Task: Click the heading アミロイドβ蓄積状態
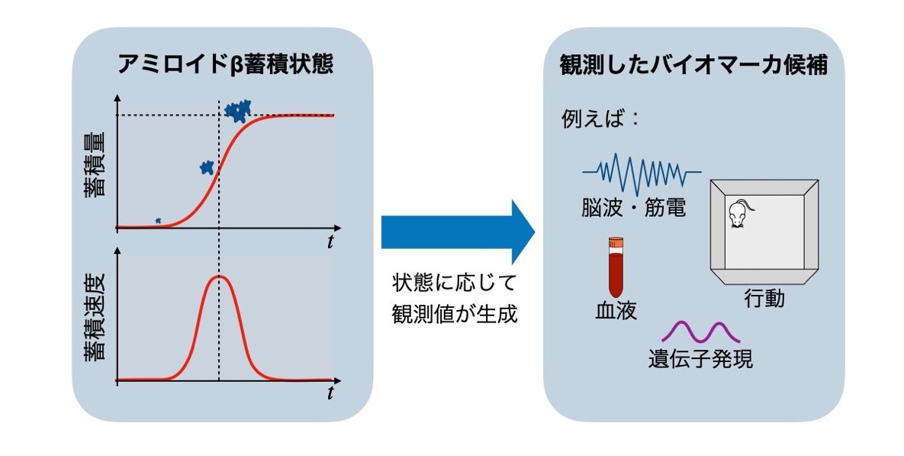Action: pyautogui.click(x=225, y=63)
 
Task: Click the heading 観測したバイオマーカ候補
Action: pyautogui.click(x=693, y=65)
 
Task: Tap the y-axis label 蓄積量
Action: pyautogui.click(x=95, y=164)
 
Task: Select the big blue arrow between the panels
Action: pyautogui.click(x=458, y=232)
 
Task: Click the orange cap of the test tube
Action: pyautogui.click(x=616, y=242)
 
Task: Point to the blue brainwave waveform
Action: pyautogui.click(x=642, y=173)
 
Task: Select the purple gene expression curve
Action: pyautogui.click(x=700, y=332)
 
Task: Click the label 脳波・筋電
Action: pyautogui.click(x=634, y=207)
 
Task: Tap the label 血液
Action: pyautogui.click(x=616, y=311)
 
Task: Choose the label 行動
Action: pyautogui.click(x=764, y=299)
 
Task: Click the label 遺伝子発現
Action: pyautogui.click(x=700, y=358)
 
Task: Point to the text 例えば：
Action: pyautogui.click(x=600, y=119)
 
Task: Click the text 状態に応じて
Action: pyautogui.click(x=455, y=283)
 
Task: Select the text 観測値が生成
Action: pyautogui.click(x=455, y=314)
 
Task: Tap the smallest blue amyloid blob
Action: pyautogui.click(x=158, y=221)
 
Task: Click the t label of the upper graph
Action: pyautogui.click(x=330, y=242)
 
